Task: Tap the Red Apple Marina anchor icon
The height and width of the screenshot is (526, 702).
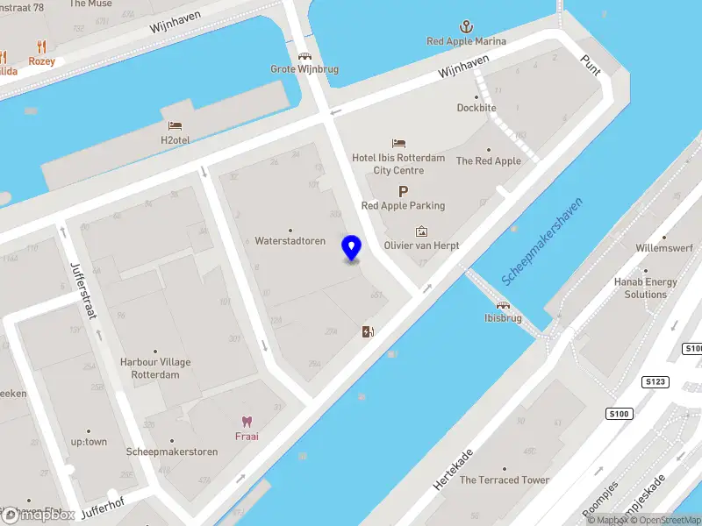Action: (466, 27)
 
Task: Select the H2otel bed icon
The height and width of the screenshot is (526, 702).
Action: (175, 126)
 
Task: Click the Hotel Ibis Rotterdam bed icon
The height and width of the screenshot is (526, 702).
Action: (399, 143)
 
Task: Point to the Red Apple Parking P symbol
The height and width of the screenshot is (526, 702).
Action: (403, 191)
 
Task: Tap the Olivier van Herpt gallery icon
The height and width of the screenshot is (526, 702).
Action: (422, 232)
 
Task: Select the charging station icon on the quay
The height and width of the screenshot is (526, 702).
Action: (368, 331)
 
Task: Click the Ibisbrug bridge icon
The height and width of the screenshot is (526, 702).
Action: (505, 305)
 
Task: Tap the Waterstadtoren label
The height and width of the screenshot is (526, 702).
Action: (290, 241)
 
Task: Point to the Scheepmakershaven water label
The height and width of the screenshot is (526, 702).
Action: (542, 241)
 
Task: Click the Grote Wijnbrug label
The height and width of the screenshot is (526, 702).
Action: (304, 69)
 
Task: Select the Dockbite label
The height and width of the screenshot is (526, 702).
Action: (476, 108)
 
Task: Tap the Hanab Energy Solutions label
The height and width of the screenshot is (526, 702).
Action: (646, 288)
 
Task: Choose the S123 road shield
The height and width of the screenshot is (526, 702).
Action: (654, 382)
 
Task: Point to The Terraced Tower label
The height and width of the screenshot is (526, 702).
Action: (505, 480)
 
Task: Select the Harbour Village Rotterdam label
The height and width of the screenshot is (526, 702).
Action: (155, 368)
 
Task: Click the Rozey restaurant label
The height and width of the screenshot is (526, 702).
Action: (41, 61)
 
